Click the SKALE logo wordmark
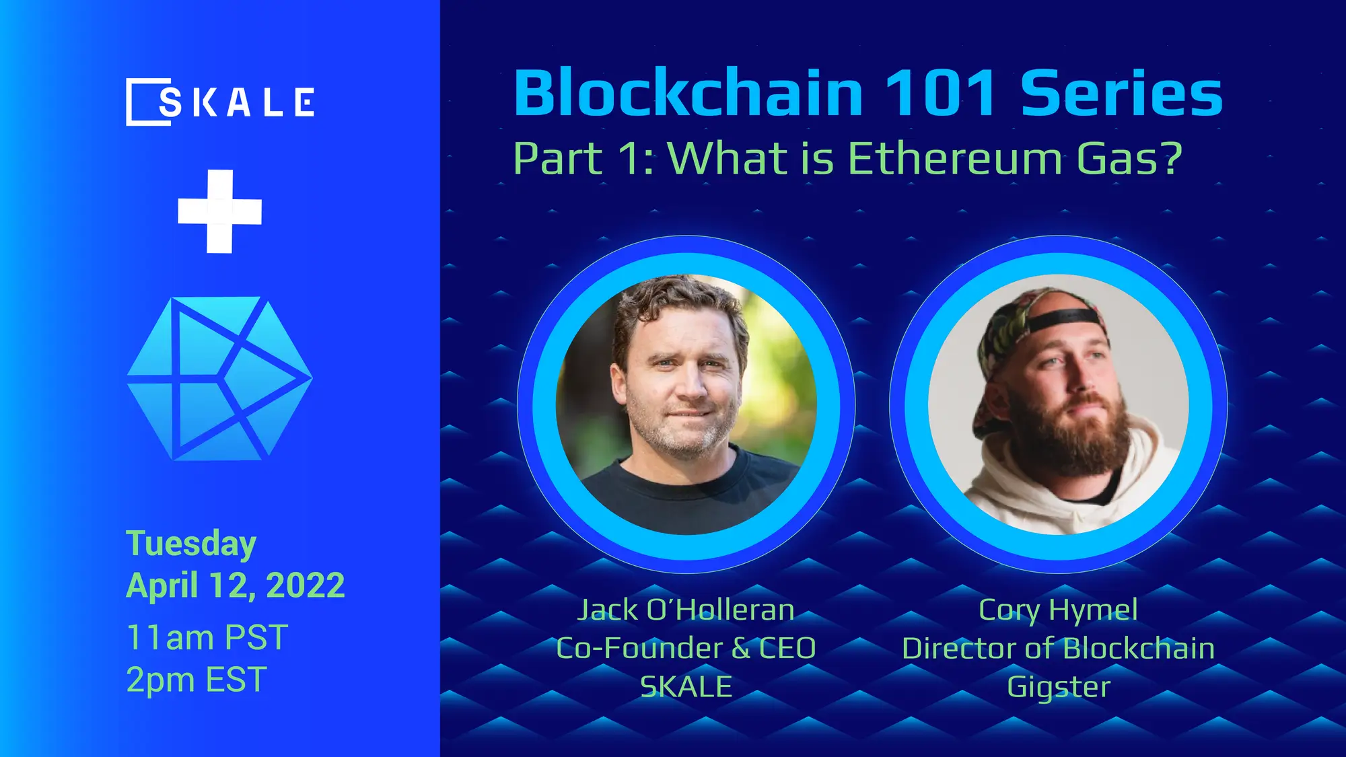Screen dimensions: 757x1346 [220, 102]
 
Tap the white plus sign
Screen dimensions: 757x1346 [219, 211]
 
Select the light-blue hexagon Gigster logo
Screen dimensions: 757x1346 [219, 379]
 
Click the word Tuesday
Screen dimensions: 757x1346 [191, 544]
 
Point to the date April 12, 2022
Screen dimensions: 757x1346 [235, 585]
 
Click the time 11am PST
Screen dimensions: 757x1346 [207, 637]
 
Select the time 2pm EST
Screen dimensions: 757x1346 [197, 680]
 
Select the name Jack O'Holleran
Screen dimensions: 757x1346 [686, 610]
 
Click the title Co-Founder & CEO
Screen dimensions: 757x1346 [686, 648]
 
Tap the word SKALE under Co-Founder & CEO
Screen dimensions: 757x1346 [686, 687]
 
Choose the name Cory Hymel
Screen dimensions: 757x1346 [1058, 610]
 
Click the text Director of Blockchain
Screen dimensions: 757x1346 [1058, 648]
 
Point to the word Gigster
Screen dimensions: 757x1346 [1058, 687]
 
